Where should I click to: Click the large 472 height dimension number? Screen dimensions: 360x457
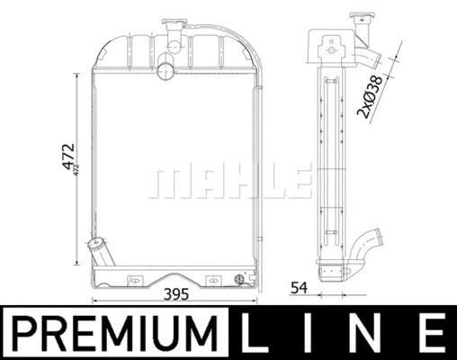point(67,159)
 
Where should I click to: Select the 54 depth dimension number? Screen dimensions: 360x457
point(299,288)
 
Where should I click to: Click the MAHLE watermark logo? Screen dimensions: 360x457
point(228,181)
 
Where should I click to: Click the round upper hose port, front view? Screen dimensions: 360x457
point(166,68)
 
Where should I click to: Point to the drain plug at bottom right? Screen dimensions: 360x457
point(238,278)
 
